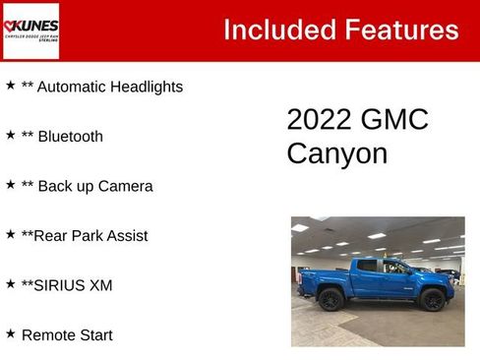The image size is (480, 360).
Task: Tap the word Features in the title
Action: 397,30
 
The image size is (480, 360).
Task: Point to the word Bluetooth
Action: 70,136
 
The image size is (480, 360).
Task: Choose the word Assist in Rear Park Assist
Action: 125,235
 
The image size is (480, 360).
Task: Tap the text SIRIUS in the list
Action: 59,285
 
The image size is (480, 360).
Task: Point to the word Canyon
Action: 336,153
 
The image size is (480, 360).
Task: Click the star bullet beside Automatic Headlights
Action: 10,86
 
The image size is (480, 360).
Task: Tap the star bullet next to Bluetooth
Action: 10,135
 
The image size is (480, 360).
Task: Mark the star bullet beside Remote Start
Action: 10,333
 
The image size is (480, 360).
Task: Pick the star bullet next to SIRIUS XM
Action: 10,284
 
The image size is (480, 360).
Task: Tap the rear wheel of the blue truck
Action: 330,300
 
